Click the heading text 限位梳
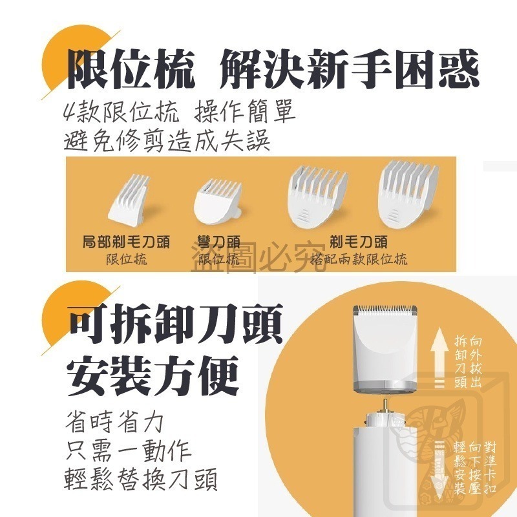pos(131,70)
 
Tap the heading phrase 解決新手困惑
pos(350,70)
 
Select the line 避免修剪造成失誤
pos(167,141)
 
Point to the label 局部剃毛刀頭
pos(126,243)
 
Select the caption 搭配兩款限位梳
pos(359,260)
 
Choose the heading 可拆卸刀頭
pos(174,328)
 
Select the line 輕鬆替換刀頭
pos(141,480)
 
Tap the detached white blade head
pos(386,349)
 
